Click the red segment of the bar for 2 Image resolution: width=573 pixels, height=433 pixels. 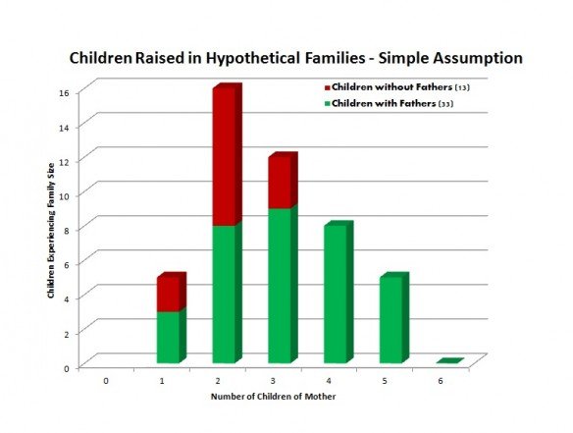228,155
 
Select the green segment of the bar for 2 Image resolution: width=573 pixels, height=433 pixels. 228,294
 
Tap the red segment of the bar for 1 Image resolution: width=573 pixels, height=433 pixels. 172,293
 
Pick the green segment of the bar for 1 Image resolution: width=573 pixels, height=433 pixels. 172,336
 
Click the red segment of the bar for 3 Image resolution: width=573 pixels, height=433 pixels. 284,181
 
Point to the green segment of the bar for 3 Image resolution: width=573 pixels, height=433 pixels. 284,285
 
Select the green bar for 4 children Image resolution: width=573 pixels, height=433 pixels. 339,293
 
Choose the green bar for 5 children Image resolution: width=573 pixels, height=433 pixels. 394,318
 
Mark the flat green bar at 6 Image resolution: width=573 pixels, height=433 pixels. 450,361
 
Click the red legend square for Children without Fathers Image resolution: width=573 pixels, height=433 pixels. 327,87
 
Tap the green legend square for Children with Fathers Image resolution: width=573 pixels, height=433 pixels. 327,104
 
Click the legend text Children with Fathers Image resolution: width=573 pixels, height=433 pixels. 384,103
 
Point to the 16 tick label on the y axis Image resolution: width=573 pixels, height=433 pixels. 64,93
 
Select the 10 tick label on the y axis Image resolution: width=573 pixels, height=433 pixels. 64,196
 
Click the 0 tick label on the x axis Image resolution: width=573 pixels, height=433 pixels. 106,381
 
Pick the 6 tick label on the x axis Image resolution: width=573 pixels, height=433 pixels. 441,381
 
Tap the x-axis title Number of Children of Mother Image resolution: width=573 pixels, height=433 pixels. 273,397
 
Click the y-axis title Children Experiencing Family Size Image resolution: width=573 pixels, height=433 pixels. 51,231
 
